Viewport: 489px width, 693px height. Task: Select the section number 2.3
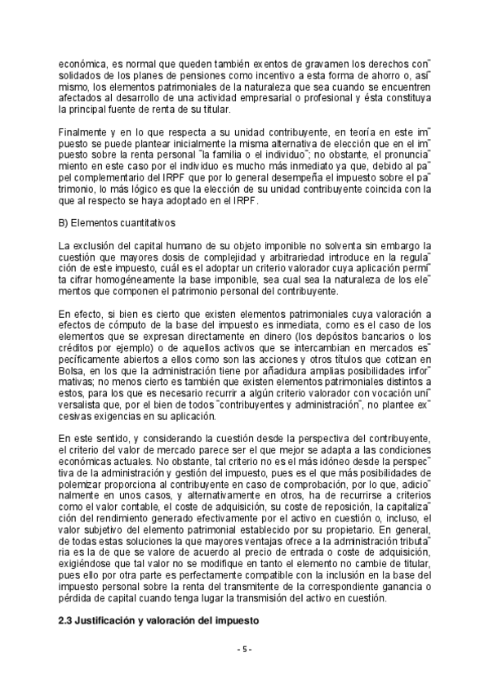tap(68, 622)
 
